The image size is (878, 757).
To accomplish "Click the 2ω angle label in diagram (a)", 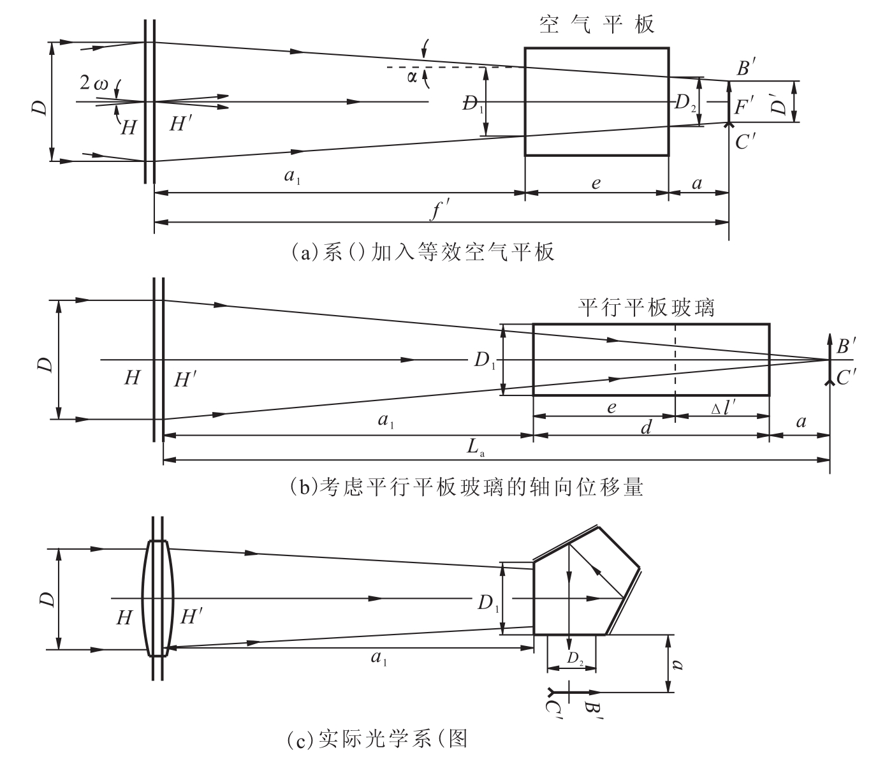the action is [x=94, y=83].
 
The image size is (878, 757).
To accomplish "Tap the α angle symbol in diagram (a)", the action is [x=412, y=77].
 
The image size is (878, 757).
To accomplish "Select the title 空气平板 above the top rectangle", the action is [x=596, y=25].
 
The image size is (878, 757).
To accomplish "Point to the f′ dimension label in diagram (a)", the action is [x=439, y=210].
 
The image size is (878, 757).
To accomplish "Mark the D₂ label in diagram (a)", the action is [x=685, y=103].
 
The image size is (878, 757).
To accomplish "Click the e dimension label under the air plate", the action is [x=596, y=183].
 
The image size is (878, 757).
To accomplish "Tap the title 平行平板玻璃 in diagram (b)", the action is [x=646, y=308].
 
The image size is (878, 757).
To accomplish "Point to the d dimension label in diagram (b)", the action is [x=646, y=427].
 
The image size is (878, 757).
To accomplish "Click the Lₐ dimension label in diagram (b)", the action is [x=475, y=447].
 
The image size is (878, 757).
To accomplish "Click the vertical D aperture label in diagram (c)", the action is [x=47, y=599].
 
